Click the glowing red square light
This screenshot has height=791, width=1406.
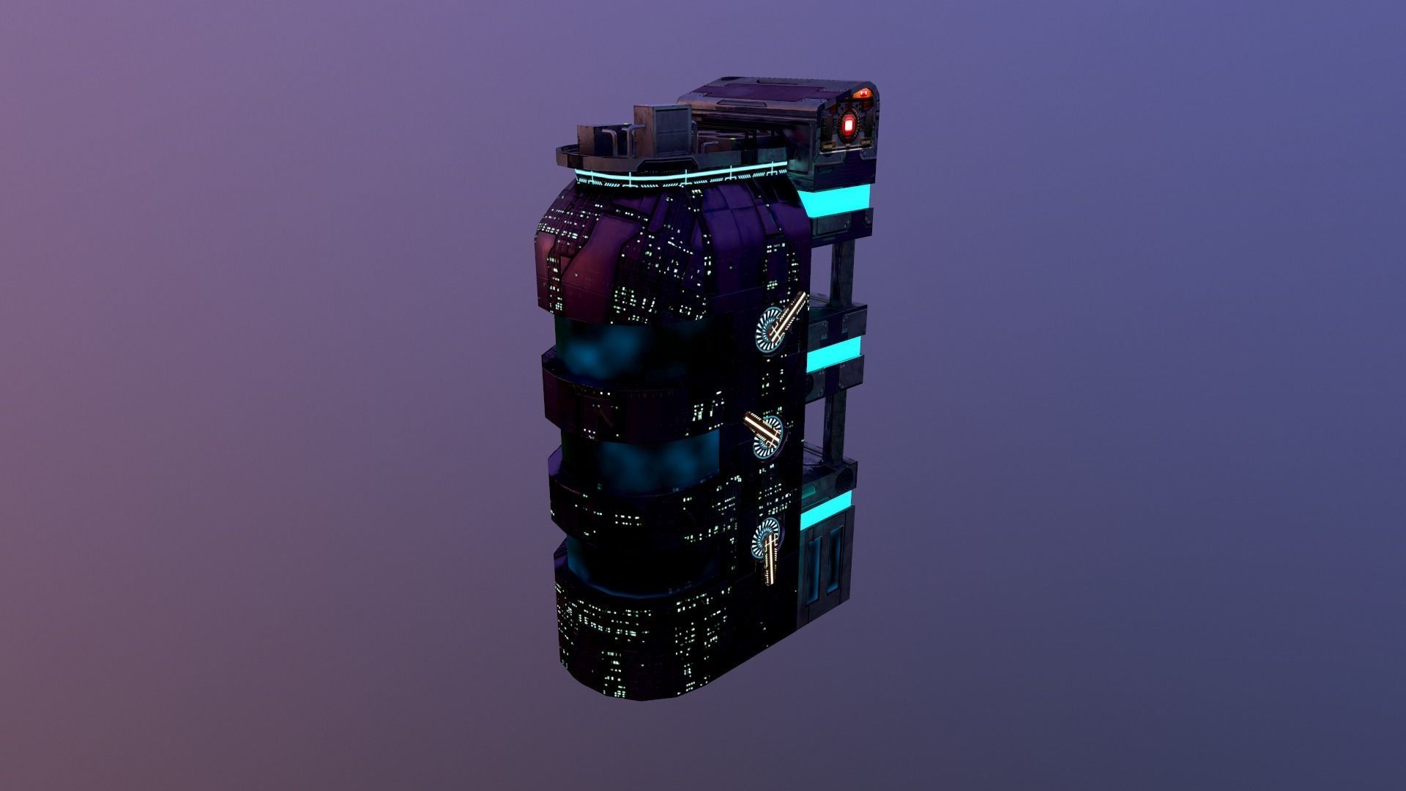tap(849, 126)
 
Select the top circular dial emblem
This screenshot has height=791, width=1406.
tap(770, 332)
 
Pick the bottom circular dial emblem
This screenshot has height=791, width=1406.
tap(767, 539)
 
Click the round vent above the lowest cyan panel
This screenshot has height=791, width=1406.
tap(843, 479)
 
